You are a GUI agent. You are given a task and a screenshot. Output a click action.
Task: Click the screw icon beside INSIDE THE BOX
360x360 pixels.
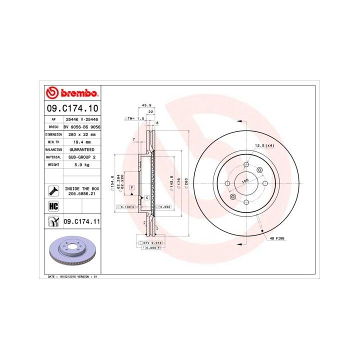click(x=52, y=190)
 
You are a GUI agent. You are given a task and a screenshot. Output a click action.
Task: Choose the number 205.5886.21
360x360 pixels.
click(x=82, y=193)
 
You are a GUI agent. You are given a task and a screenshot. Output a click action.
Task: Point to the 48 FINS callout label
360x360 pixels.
click(x=277, y=239)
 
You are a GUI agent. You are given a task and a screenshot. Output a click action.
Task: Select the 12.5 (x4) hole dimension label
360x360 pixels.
click(x=265, y=145)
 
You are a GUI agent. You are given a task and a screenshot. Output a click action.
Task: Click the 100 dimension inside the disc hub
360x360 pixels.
click(x=245, y=181)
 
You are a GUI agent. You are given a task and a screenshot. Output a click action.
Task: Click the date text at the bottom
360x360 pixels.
click(x=72, y=276)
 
